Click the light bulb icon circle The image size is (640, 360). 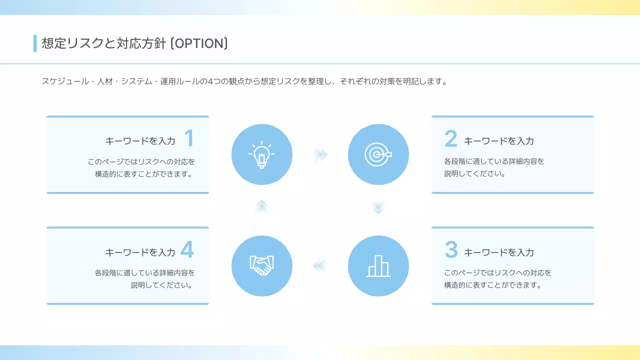(261, 154)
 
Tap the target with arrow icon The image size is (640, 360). (378, 154)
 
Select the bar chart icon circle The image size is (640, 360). (378, 266)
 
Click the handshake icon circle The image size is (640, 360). (261, 266)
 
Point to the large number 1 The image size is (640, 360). (188, 138)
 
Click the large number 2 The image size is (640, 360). (451, 139)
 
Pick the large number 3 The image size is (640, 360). (451, 250)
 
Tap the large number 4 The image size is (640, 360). (187, 250)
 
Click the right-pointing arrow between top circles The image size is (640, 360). (321, 154)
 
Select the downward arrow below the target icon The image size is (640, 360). (378, 208)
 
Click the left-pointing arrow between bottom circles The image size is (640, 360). (319, 266)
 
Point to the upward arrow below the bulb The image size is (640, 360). (261, 205)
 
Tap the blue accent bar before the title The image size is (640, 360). (35, 43)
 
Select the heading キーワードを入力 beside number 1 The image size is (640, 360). (140, 141)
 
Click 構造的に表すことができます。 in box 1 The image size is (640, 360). (144, 174)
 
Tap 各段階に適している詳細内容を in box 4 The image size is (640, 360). (144, 273)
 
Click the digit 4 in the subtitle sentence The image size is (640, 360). (210, 81)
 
